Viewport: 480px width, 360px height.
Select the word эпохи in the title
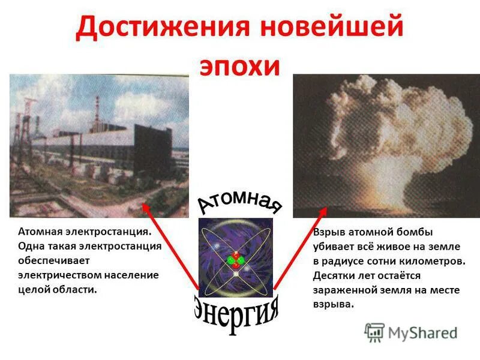(x=239, y=67)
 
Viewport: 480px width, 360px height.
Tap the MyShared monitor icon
(x=374, y=332)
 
